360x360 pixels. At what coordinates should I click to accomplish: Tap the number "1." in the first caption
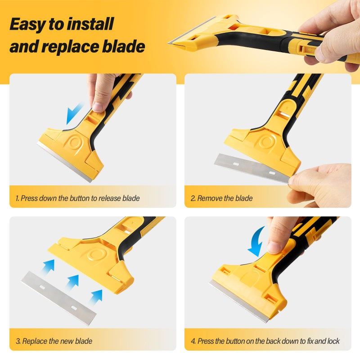point(17,198)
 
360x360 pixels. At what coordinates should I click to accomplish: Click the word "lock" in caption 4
point(332,341)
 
